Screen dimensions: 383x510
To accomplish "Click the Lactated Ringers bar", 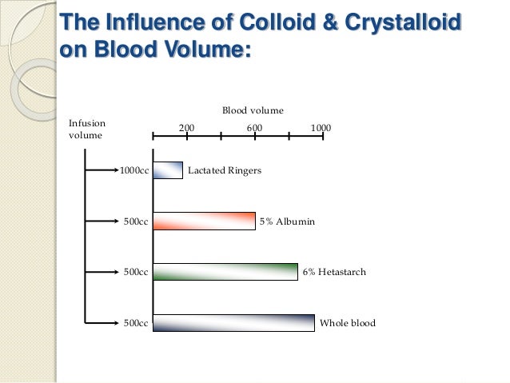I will coord(168,170).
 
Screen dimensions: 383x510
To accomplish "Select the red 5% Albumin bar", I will coord(204,221).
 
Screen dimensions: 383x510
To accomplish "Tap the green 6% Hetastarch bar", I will coord(225,273).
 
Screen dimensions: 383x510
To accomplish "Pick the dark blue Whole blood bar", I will coord(233,323).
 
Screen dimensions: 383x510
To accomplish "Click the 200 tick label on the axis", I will coord(185,128).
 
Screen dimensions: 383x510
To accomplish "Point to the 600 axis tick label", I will coord(254,128).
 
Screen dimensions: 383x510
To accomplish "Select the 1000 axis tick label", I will coord(321,128).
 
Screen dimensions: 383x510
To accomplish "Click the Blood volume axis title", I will coord(252,109).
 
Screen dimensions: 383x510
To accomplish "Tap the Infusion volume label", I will coord(87,130).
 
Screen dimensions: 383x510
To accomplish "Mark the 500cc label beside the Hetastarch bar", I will coord(136,273).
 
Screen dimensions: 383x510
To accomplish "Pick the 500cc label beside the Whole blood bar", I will coord(136,324).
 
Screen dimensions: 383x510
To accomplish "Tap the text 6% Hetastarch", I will coord(334,273).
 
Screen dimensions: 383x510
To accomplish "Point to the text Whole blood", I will coord(347,324).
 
